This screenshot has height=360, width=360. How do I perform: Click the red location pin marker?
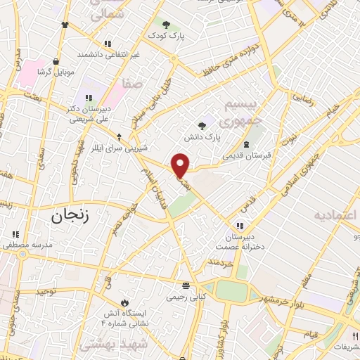pyautogui.click(x=181, y=165)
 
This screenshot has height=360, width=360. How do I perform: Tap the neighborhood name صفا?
pyautogui.click(x=133, y=84)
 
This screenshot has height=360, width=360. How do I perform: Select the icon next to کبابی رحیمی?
pyautogui.click(x=186, y=285)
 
